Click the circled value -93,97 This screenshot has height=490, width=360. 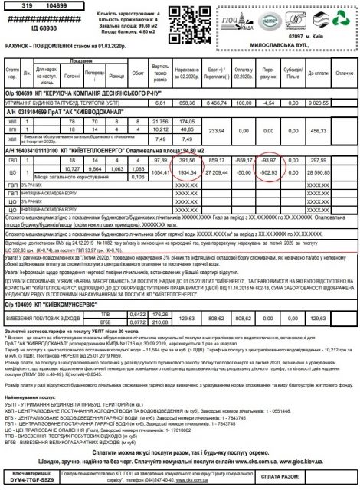point(269,160)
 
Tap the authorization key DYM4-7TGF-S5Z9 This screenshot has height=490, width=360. point(31,480)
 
